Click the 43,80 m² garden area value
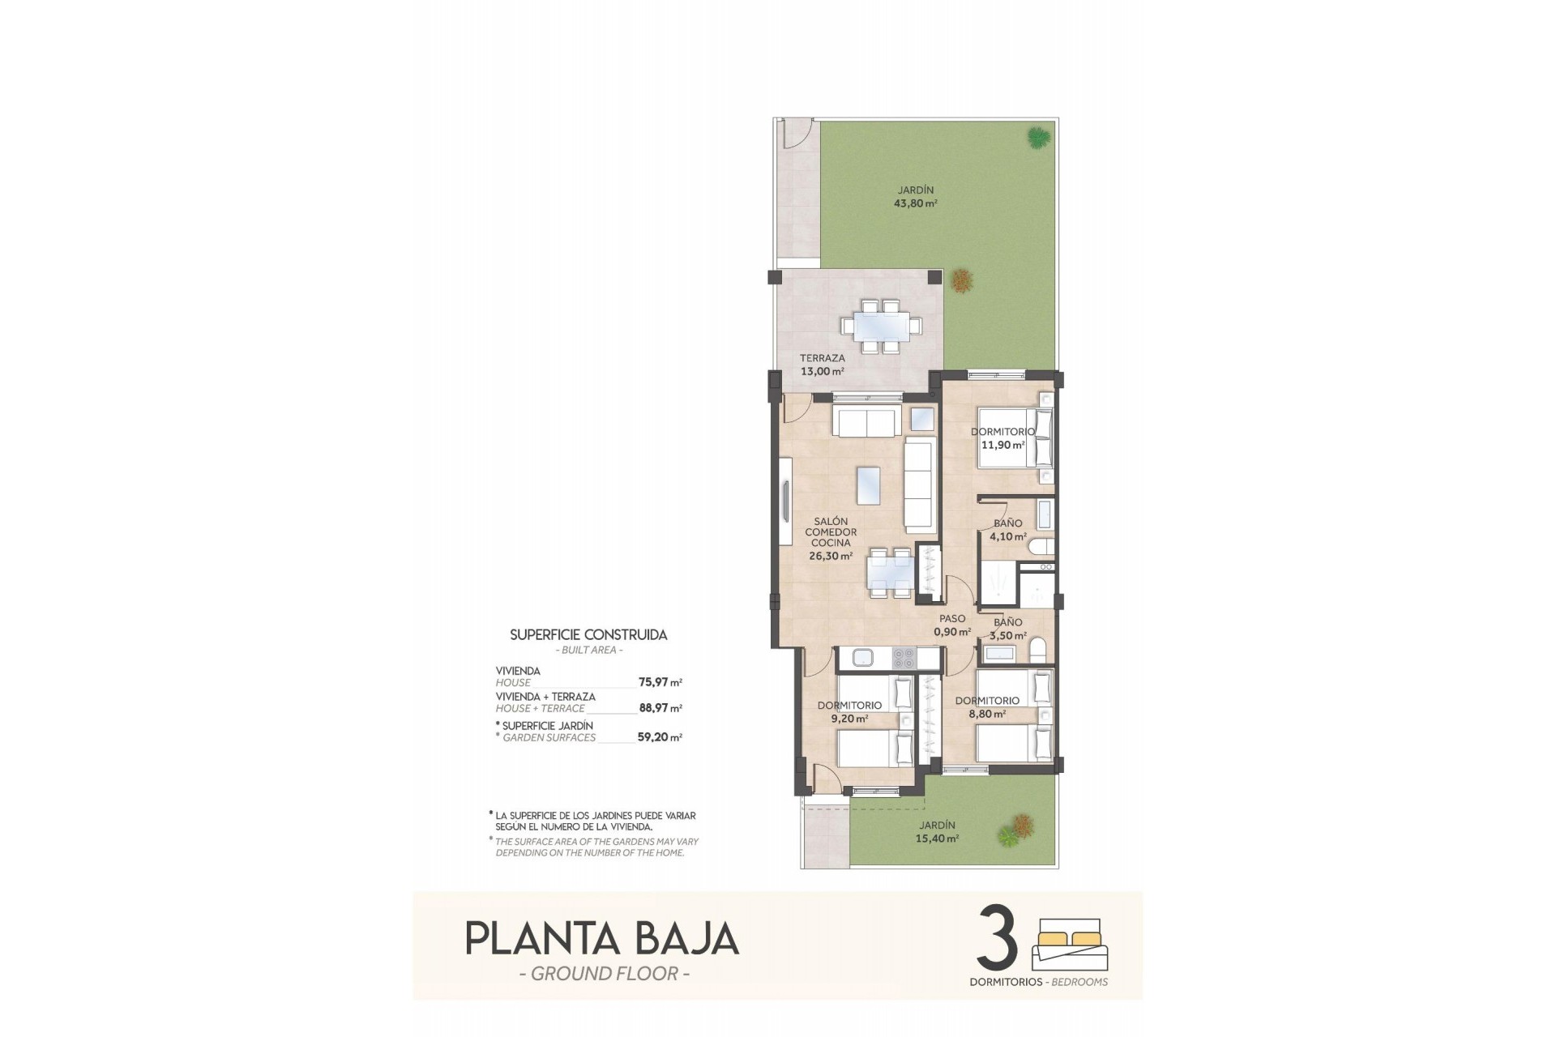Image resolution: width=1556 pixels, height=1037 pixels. click(915, 204)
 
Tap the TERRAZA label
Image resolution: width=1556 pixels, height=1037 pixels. click(822, 358)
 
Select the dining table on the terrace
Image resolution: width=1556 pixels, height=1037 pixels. click(880, 326)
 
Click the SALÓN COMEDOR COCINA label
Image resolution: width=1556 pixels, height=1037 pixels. click(831, 532)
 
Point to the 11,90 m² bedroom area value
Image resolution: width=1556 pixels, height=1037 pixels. click(1002, 445)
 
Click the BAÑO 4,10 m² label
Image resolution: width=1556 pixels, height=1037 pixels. click(1008, 529)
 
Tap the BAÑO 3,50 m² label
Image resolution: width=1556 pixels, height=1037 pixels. click(1008, 629)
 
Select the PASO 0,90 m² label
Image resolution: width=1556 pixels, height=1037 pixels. click(952, 625)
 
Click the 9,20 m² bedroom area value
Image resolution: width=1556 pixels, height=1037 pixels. click(849, 719)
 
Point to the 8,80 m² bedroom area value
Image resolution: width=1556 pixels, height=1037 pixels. click(987, 715)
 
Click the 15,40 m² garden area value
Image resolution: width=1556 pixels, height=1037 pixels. click(938, 839)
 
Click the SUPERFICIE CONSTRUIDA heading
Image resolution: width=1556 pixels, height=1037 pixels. click(588, 635)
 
